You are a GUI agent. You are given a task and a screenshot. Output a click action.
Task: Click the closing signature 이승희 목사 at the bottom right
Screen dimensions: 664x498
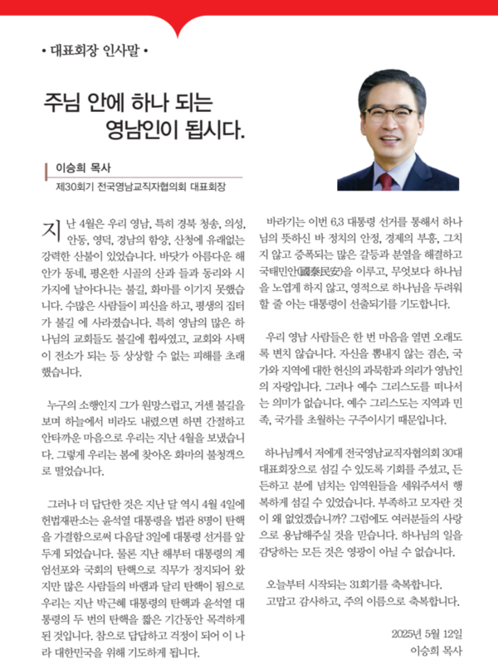(x=437, y=652)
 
